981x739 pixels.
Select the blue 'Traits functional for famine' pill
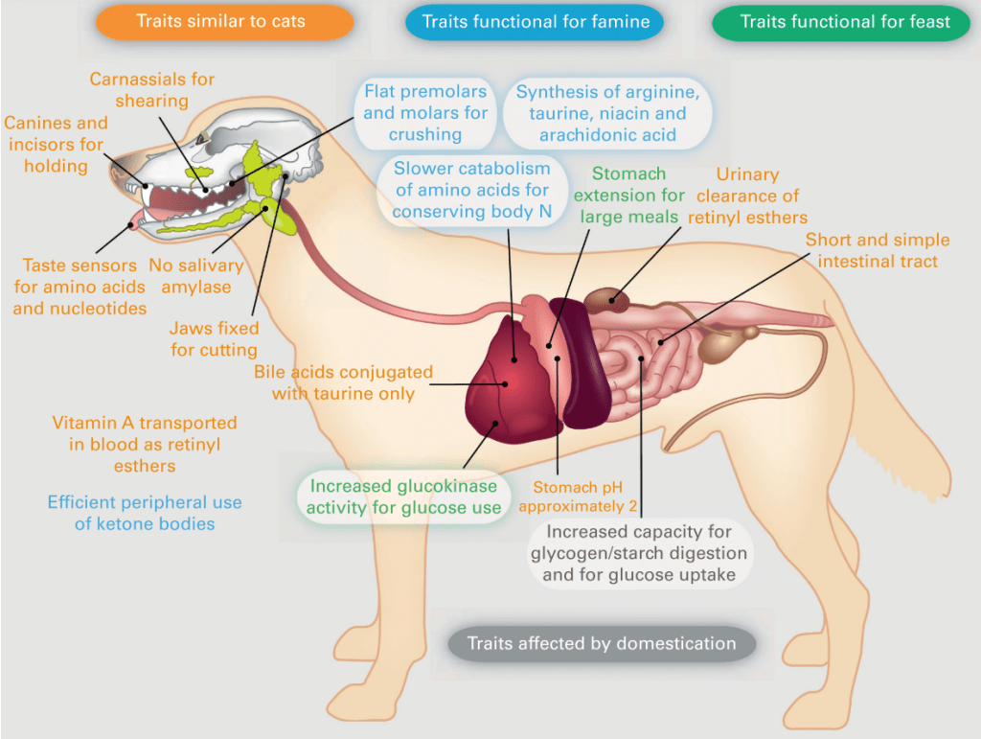536,21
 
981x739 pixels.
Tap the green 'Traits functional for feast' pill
845,21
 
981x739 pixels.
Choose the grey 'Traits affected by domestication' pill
602,643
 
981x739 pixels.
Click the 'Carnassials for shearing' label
152,89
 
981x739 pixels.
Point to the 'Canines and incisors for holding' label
56,144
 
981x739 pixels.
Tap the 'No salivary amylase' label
196,276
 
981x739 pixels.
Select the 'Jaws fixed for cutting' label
214,339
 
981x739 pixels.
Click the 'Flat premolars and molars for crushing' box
425,113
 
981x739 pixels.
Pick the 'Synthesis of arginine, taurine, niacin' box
608,113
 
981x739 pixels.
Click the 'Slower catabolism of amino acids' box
472,190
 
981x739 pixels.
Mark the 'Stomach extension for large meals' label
628,195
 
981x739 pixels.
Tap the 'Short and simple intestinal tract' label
878,250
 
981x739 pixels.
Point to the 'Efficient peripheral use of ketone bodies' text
145,513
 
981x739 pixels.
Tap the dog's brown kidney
608,301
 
